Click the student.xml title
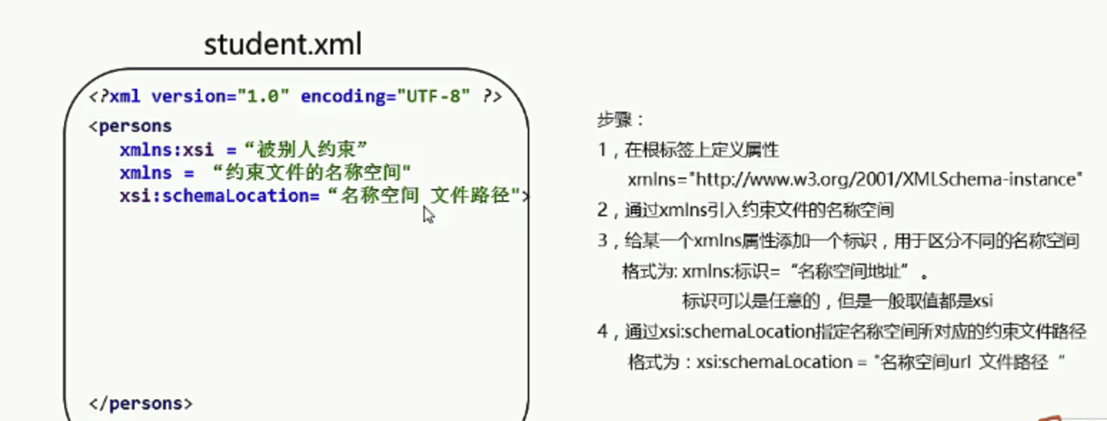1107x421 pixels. [282, 44]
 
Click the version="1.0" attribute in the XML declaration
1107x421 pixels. [220, 96]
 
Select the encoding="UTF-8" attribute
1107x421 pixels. [385, 96]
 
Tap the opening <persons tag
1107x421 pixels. [130, 127]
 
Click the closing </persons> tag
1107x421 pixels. [140, 404]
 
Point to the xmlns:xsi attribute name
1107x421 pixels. [167, 150]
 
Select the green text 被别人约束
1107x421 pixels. [306, 149]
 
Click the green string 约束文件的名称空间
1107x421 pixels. [313, 172]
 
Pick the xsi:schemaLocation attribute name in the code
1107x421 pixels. [220, 196]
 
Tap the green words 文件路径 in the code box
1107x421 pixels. [470, 195]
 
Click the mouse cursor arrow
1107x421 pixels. [428, 215]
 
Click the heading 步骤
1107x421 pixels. [615, 120]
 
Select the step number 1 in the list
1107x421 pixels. [602, 150]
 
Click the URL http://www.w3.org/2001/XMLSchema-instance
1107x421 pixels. [885, 179]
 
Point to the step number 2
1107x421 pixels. [602, 210]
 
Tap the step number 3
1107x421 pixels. [602, 241]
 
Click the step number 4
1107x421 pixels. [602, 331]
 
